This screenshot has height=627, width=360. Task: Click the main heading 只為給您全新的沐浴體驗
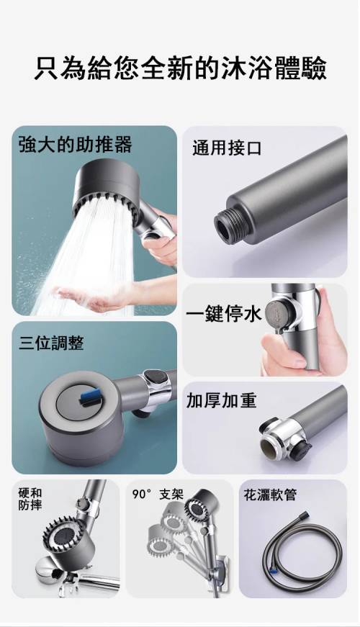pos(180,68)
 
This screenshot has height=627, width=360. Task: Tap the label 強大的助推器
pos(75,145)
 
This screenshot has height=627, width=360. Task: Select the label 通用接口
pos(227,148)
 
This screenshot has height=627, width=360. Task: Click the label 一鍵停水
pos(224,314)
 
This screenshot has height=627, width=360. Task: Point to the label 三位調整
pos(51,343)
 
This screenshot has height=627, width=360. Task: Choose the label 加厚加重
pos(221,401)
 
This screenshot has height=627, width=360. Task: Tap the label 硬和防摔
pos(30,499)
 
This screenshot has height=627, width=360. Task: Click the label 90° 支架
pos(158,495)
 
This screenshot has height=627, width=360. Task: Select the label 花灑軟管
pos(270,495)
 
